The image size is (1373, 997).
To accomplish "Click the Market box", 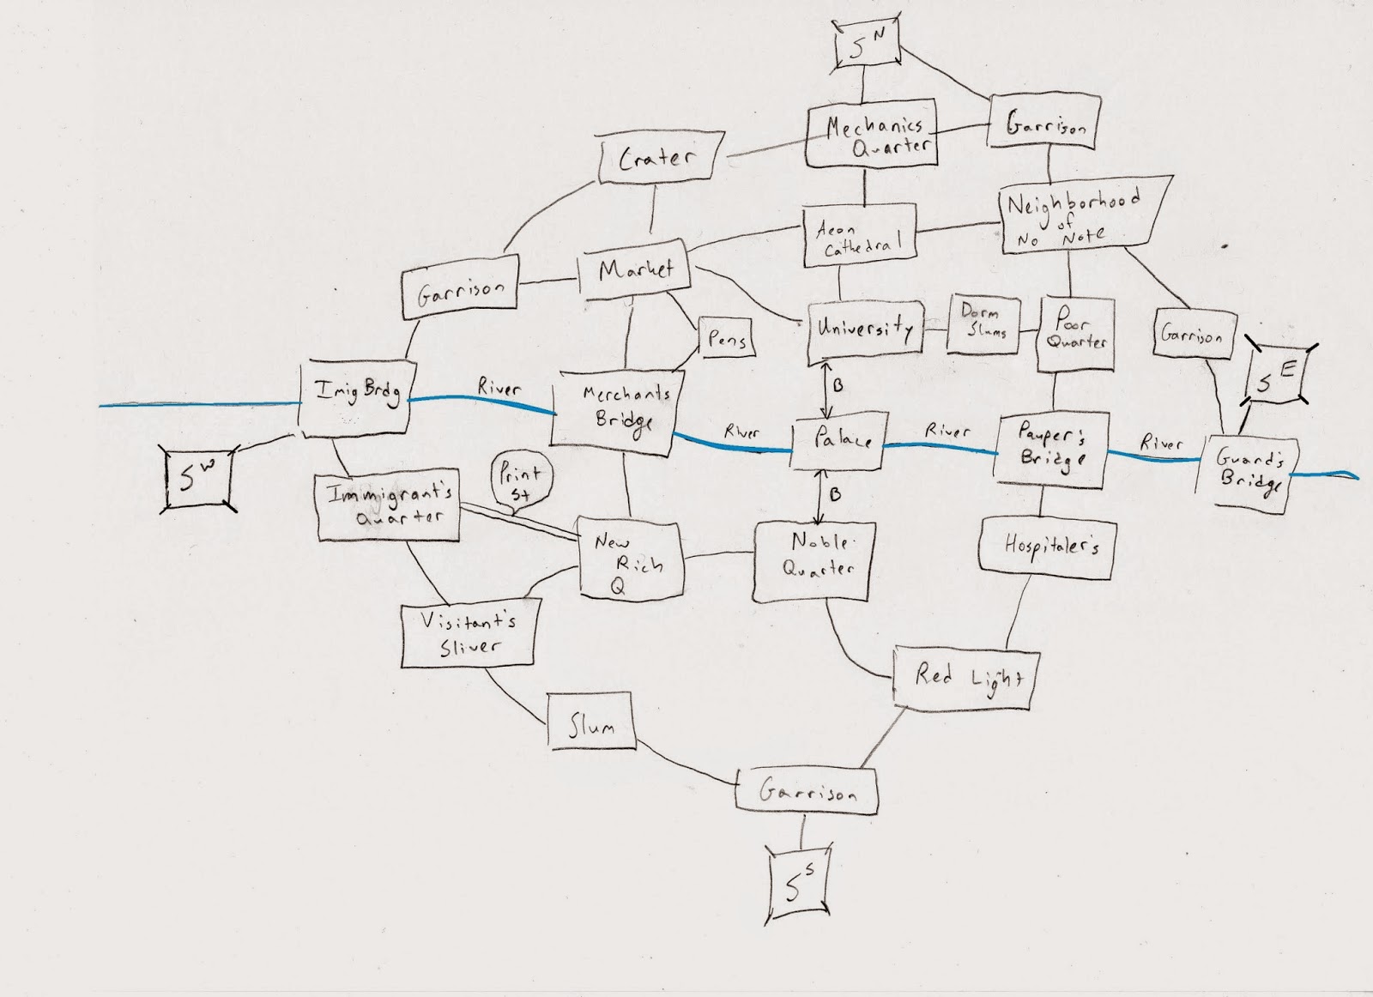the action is [637, 273].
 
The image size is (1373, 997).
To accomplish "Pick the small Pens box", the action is [726, 339].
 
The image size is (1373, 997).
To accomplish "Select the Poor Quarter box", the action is [1076, 333].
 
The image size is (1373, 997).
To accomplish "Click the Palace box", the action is [836, 443].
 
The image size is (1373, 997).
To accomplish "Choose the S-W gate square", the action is [197, 479].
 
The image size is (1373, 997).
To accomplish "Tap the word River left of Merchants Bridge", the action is [499, 389].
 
